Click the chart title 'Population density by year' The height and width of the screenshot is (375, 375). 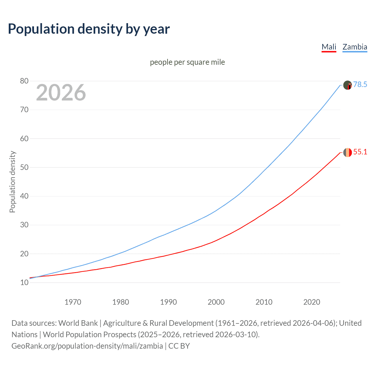[89, 29]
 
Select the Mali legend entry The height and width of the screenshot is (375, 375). [329, 47]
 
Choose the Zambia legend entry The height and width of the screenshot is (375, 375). [354, 47]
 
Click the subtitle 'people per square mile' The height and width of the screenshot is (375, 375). [187, 62]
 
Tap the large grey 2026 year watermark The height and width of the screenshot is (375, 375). [61, 93]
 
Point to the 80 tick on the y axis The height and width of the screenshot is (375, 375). [24, 81]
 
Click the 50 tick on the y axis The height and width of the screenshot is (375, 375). [24, 167]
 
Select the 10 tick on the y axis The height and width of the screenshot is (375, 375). [24, 282]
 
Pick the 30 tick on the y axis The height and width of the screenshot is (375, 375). [24, 225]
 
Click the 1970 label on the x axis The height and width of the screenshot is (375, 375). [73, 302]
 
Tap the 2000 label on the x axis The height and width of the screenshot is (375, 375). [216, 302]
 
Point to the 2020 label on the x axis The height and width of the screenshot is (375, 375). [311, 302]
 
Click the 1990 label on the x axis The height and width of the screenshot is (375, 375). [168, 302]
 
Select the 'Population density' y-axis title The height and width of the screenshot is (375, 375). [12, 182]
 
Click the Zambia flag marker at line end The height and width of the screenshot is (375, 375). [347, 85]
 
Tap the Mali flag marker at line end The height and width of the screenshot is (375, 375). [347, 152]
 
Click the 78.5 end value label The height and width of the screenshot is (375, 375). [360, 85]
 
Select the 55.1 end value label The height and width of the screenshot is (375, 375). [360, 152]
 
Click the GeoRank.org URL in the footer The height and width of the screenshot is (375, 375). [87, 346]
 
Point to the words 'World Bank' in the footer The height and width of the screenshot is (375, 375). [78, 323]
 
